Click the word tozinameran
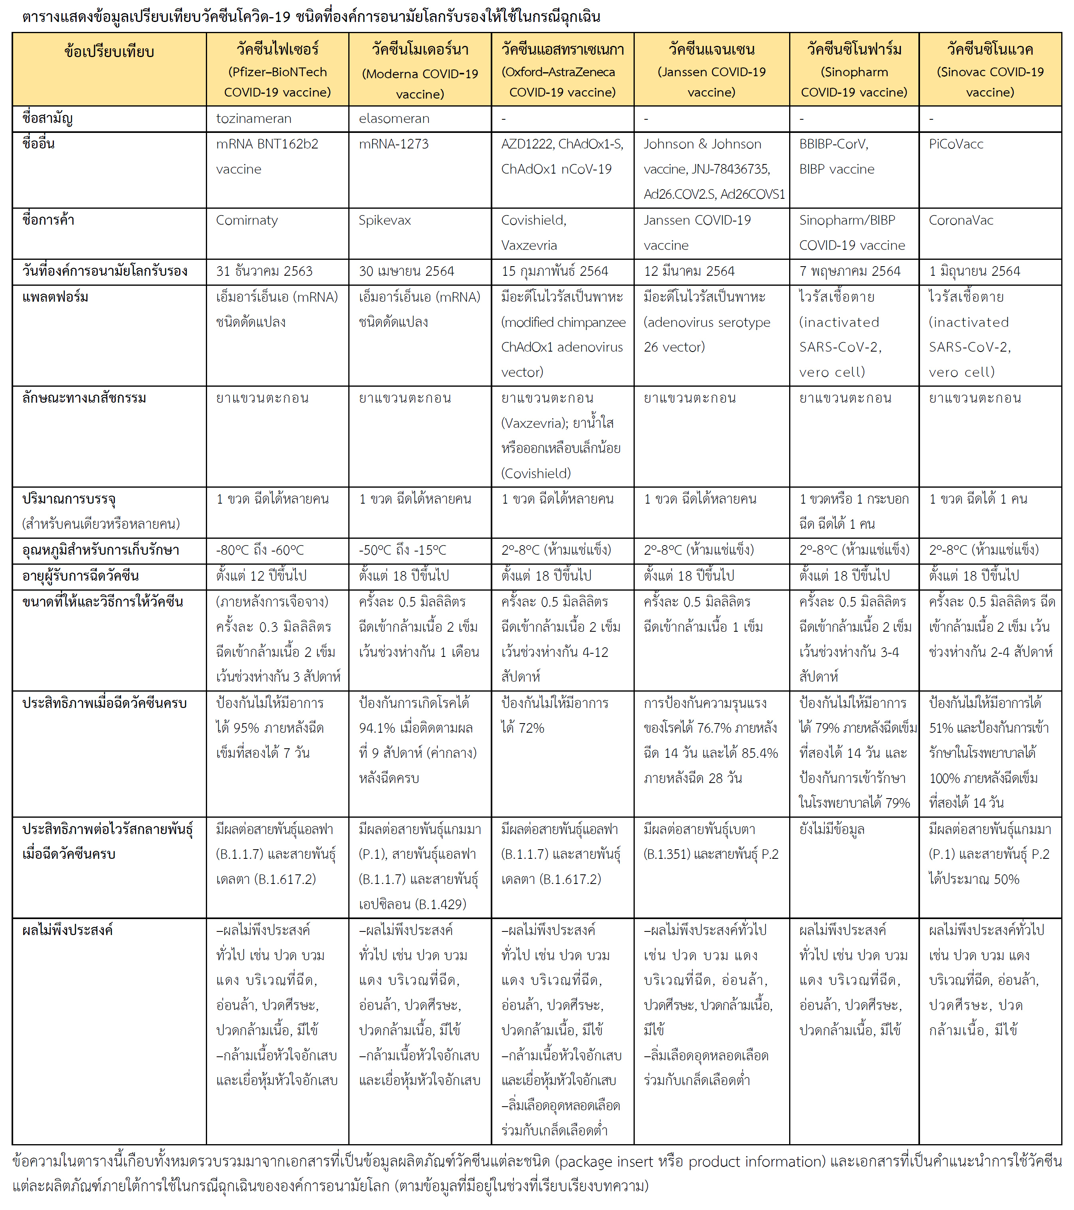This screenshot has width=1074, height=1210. point(253,119)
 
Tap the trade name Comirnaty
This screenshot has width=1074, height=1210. point(247,220)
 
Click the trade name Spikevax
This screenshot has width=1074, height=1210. point(385,220)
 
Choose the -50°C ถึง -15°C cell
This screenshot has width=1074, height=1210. point(403,550)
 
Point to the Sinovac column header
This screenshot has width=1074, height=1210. point(990,70)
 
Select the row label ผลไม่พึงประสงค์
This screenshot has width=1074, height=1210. point(67,930)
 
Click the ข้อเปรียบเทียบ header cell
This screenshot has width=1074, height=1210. point(109,52)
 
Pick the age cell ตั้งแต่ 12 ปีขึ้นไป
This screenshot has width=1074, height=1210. point(261,575)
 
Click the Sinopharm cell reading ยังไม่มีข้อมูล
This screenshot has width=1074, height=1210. point(831,829)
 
